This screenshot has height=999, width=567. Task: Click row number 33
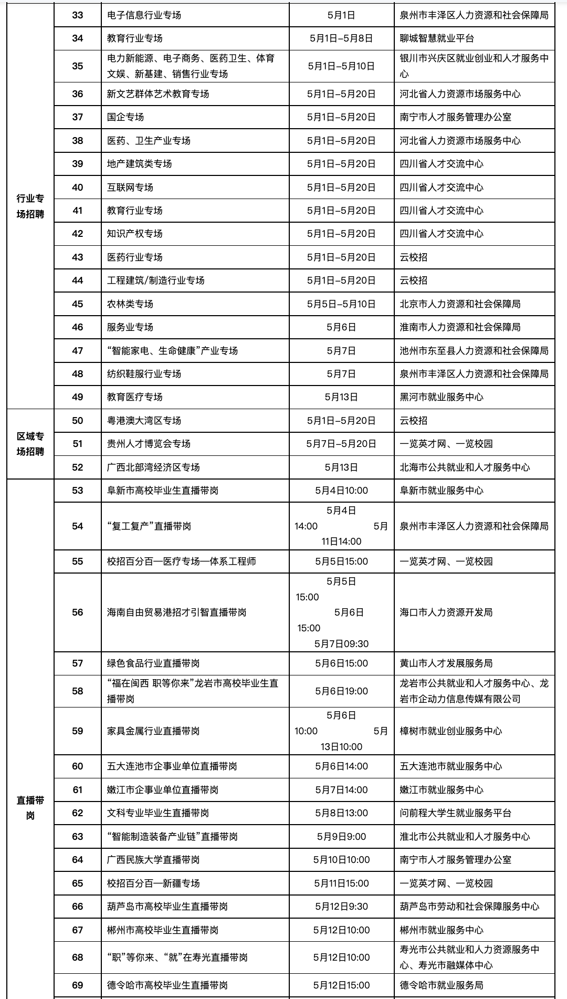point(78,15)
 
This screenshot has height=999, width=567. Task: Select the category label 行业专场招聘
point(30,206)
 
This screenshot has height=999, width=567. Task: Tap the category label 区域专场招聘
point(30,444)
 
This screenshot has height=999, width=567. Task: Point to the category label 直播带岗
point(30,808)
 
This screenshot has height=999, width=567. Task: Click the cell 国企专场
point(125,117)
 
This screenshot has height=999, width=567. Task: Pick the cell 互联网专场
point(130,188)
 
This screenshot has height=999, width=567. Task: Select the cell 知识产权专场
point(135,234)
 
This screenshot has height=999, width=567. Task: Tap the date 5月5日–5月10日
point(341,304)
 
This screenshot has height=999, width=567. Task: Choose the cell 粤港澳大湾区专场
point(144,421)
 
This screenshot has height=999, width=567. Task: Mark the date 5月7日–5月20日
point(341,444)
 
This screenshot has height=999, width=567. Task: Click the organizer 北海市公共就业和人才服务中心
point(465,467)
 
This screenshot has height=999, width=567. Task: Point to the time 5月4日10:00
point(341,491)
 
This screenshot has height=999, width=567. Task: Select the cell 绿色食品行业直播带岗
point(153,663)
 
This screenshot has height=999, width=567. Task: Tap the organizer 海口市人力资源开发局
point(446,612)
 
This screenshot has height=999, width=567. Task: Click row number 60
point(78,766)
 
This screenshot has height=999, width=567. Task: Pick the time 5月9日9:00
point(341,837)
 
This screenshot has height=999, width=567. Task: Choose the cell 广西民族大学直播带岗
point(153,860)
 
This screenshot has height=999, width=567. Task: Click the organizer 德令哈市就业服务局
point(442,985)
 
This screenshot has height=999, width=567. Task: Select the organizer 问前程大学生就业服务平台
point(455,813)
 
